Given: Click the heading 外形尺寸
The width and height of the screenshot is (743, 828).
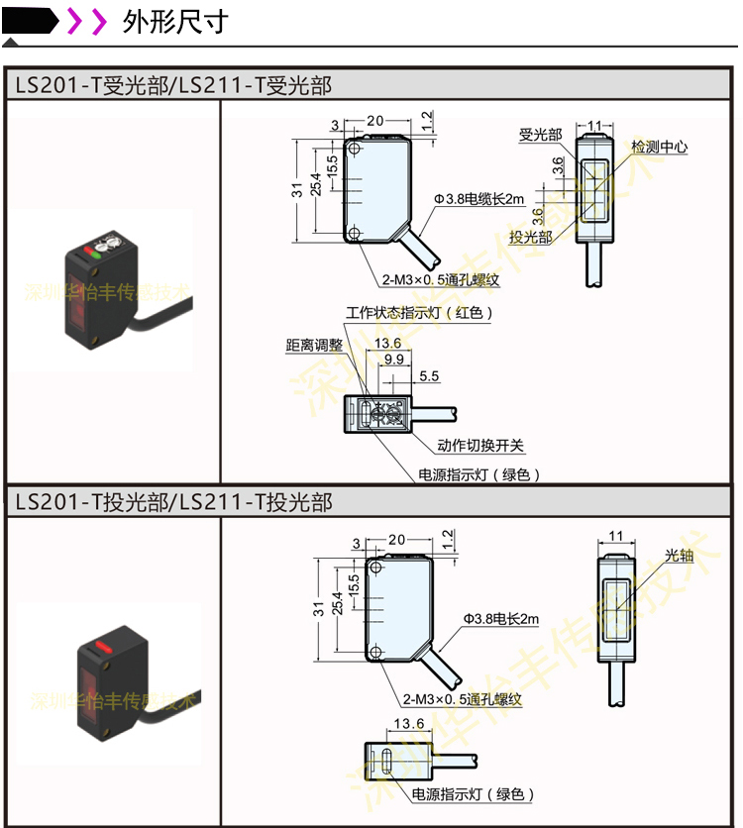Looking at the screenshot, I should coord(175,22).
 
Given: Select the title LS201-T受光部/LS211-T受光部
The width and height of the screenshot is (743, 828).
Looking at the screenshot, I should coord(173,85).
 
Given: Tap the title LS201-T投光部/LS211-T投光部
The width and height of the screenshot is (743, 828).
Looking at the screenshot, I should coord(173,502).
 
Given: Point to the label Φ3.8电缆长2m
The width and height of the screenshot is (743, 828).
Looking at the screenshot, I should coord(478,198).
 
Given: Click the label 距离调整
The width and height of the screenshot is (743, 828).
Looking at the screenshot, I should coord(314,345).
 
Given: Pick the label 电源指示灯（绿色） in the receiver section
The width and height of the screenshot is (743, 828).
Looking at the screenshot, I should coord(479,474).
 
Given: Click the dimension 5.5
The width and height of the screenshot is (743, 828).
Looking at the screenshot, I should coord(429,376).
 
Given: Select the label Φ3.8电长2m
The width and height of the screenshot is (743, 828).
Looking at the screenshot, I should coord(500,619).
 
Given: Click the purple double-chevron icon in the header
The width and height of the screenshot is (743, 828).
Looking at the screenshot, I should coord(86,21).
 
